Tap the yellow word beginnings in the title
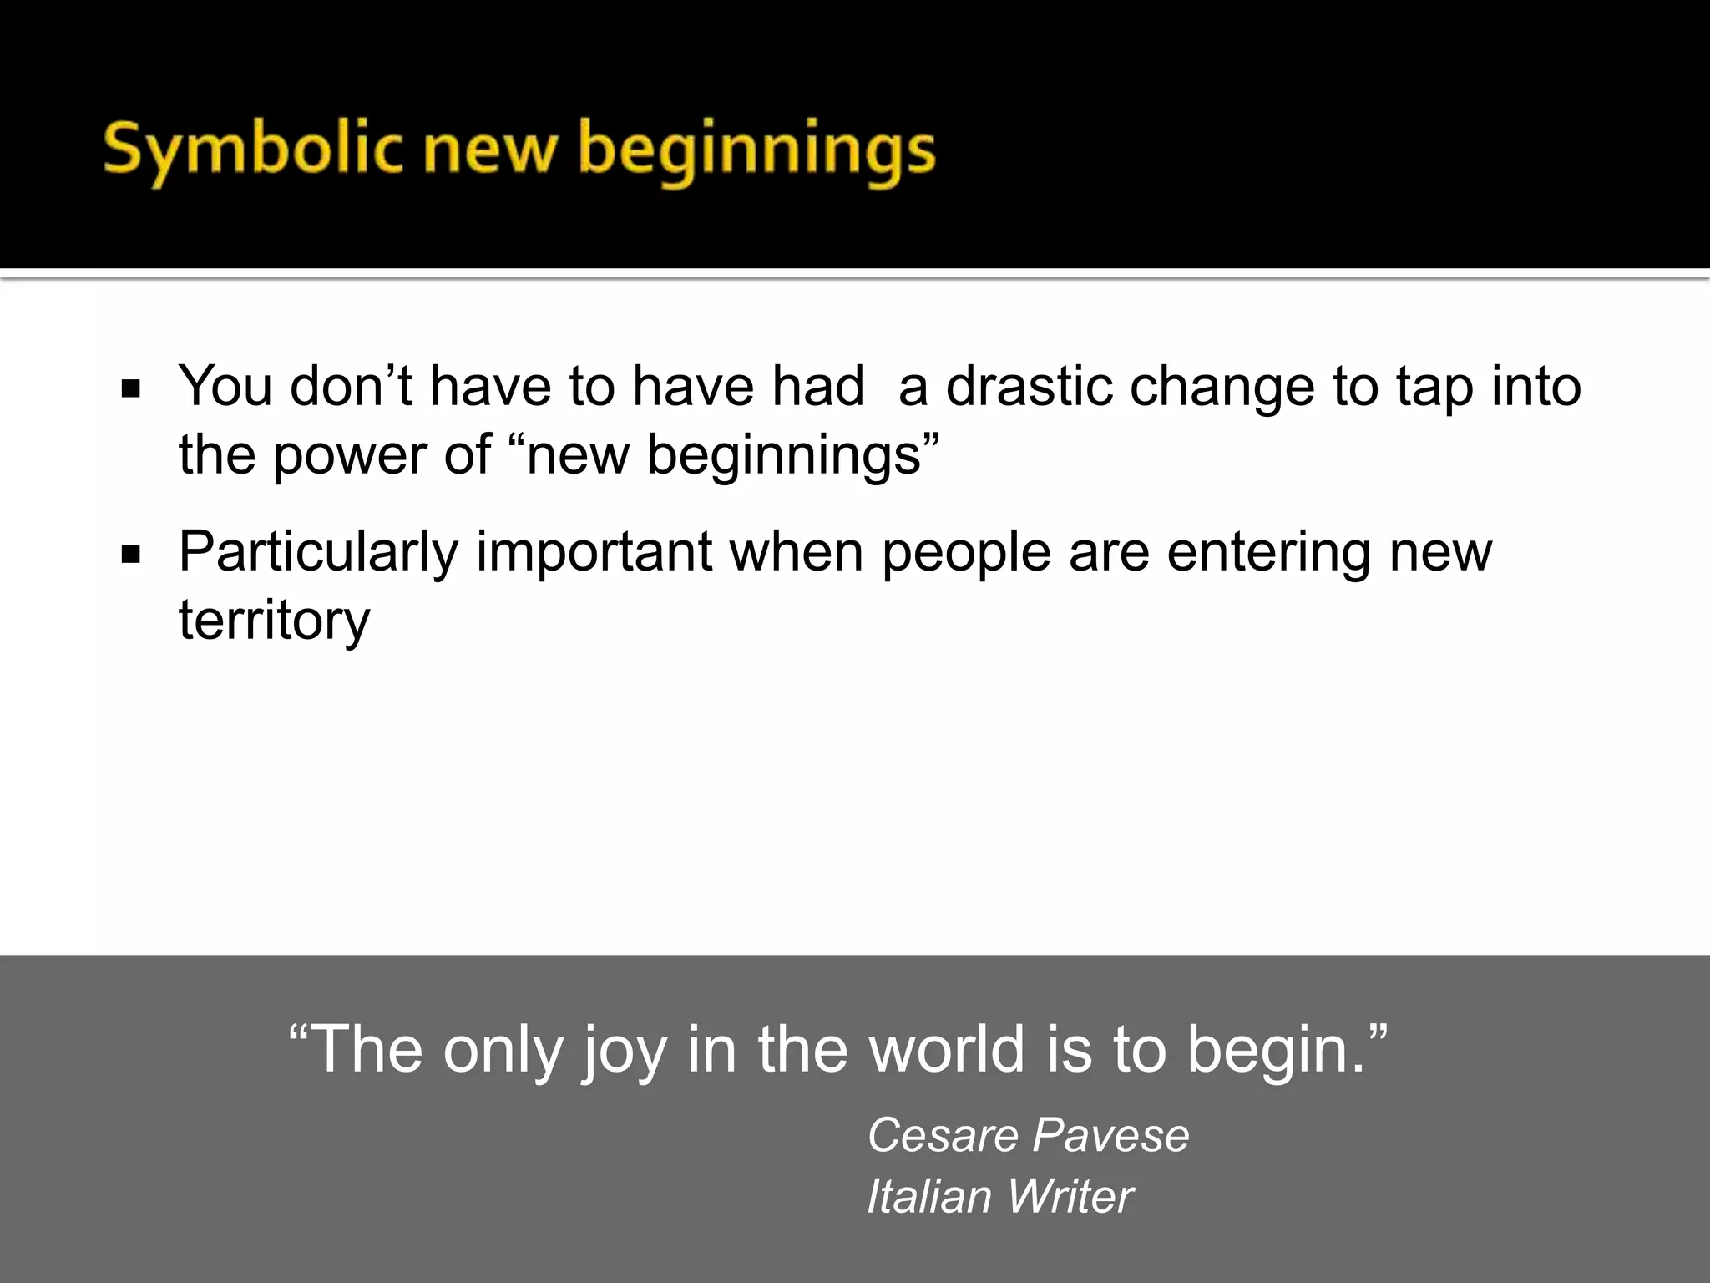(x=756, y=152)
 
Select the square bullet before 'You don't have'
(x=130, y=388)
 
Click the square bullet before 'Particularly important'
(x=130, y=555)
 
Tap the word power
(x=349, y=456)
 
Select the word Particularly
(x=318, y=553)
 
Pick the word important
(x=594, y=552)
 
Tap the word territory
(x=274, y=621)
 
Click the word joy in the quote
(x=625, y=1051)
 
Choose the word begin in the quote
(x=1269, y=1051)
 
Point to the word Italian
(x=929, y=1196)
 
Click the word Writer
(x=1070, y=1196)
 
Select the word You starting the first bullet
(x=225, y=386)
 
